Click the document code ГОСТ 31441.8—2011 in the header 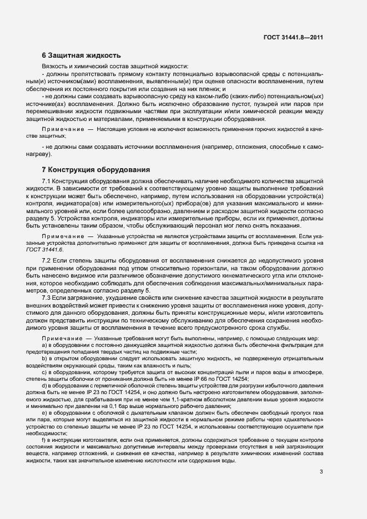[x=293, y=37]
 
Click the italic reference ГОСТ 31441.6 [x=59, y=250]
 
